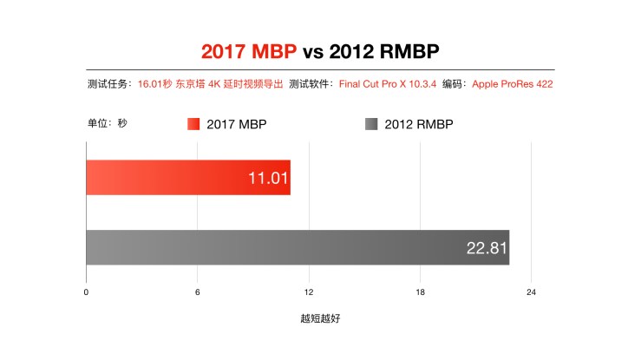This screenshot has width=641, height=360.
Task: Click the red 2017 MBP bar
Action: pos(173,178)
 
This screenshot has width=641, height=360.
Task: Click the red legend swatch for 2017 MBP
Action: pos(193,124)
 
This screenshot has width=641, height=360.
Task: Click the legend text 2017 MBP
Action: pos(236,124)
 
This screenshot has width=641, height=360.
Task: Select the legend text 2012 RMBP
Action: pos(418,124)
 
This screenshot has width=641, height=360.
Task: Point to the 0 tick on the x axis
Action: pos(86,292)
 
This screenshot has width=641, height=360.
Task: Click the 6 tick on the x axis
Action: pos(197,292)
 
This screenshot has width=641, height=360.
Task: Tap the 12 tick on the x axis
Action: pos(309,292)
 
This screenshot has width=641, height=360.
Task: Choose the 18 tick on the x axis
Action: pos(420,292)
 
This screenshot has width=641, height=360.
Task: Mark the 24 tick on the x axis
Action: pos(531,292)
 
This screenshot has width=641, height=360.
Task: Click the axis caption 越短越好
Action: pos(320,318)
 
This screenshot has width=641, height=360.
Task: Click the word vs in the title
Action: pos(313,51)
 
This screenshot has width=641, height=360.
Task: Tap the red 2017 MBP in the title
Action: pos(249,51)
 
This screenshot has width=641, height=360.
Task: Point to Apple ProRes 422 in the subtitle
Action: pos(512,84)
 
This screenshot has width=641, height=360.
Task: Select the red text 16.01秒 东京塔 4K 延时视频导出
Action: pos(210,84)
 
